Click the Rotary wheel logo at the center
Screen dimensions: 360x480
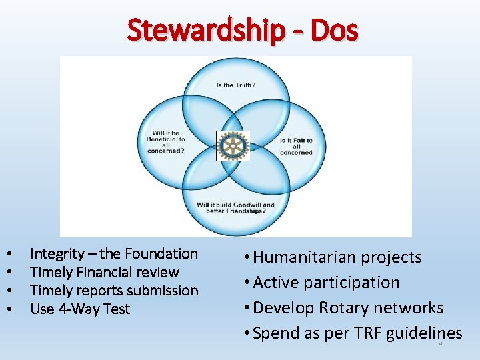click(x=234, y=145)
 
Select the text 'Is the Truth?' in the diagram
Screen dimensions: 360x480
click(x=235, y=85)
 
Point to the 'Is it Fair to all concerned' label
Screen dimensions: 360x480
click(x=296, y=146)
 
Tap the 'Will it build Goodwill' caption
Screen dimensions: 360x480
click(x=235, y=209)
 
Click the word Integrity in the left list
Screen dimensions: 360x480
click(x=57, y=253)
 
